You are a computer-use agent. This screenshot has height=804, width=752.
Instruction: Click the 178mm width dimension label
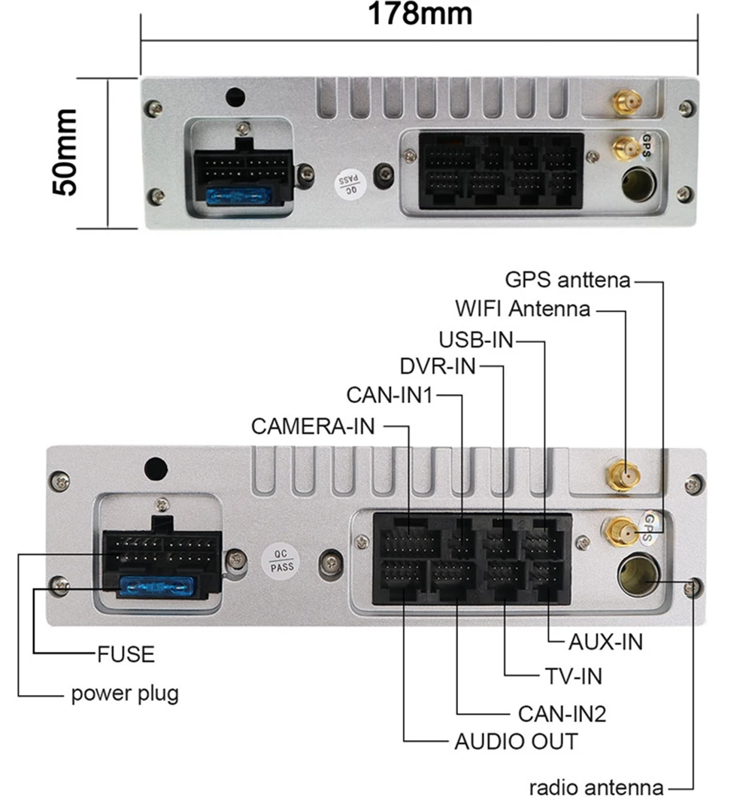[420, 14]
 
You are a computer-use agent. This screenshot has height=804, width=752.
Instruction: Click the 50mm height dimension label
[66, 152]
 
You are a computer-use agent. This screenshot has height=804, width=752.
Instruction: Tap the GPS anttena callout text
[568, 281]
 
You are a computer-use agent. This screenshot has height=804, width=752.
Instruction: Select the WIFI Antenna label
[523, 308]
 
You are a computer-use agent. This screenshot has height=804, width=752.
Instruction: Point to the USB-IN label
[476, 339]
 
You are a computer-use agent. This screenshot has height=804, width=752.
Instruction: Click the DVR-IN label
[438, 366]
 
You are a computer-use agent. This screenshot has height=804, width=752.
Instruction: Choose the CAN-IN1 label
[390, 394]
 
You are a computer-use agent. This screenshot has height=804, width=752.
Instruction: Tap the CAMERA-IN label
[312, 426]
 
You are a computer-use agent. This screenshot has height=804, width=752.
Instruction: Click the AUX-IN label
[605, 642]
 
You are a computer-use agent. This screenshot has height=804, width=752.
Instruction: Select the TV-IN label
[573, 676]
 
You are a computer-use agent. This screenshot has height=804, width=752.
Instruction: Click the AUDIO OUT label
[516, 741]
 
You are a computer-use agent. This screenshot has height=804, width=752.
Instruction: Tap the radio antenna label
[596, 787]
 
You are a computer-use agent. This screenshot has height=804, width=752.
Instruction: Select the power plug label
[125, 692]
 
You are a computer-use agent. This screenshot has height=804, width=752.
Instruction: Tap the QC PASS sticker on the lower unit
[282, 560]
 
